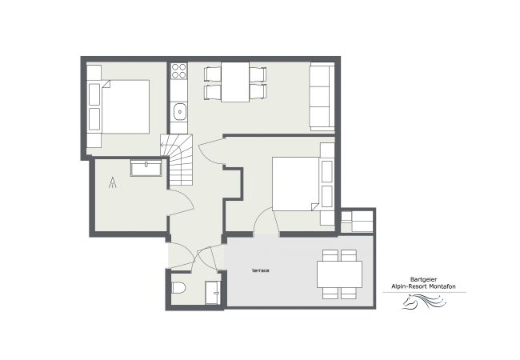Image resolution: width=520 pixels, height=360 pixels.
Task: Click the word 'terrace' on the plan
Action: (x=261, y=270)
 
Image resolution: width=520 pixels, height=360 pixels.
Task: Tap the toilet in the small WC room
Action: (x=178, y=287)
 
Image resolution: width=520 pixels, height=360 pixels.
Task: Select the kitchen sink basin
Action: (x=180, y=111)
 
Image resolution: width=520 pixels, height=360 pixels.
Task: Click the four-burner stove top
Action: (x=178, y=71)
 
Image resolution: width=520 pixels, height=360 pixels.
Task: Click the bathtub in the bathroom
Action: (x=146, y=168)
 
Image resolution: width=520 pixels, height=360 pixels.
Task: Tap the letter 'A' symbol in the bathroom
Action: (x=113, y=182)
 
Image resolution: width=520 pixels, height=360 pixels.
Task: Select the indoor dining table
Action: (x=235, y=82)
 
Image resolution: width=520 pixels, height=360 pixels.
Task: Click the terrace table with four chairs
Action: (x=339, y=274)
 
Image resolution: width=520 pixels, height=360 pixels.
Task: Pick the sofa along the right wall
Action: (x=322, y=96)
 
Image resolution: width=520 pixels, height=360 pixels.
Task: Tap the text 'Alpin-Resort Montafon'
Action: (x=423, y=286)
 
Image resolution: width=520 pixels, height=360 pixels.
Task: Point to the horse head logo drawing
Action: (x=423, y=301)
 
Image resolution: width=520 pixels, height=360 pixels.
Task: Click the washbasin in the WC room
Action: (x=213, y=292)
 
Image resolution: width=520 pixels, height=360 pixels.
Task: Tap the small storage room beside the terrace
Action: (x=357, y=221)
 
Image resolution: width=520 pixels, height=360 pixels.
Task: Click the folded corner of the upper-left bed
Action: (x=106, y=83)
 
